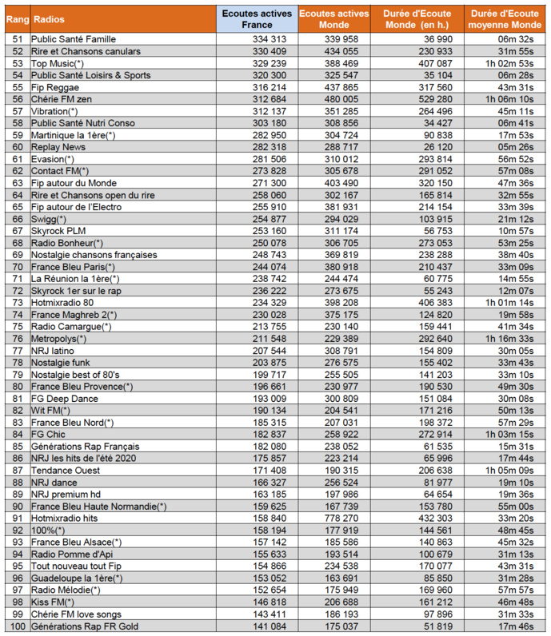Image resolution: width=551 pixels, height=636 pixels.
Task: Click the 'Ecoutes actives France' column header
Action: tap(256, 18)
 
